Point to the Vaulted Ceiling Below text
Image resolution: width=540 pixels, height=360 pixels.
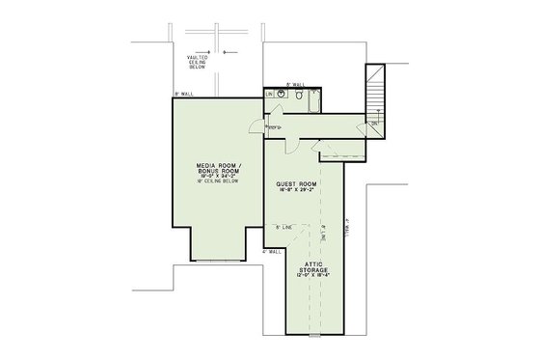tap(200, 64)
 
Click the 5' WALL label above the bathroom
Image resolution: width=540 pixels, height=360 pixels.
tap(296, 85)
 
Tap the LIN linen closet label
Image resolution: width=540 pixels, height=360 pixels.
tap(269, 95)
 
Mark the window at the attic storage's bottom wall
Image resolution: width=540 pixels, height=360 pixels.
tap(320, 337)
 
